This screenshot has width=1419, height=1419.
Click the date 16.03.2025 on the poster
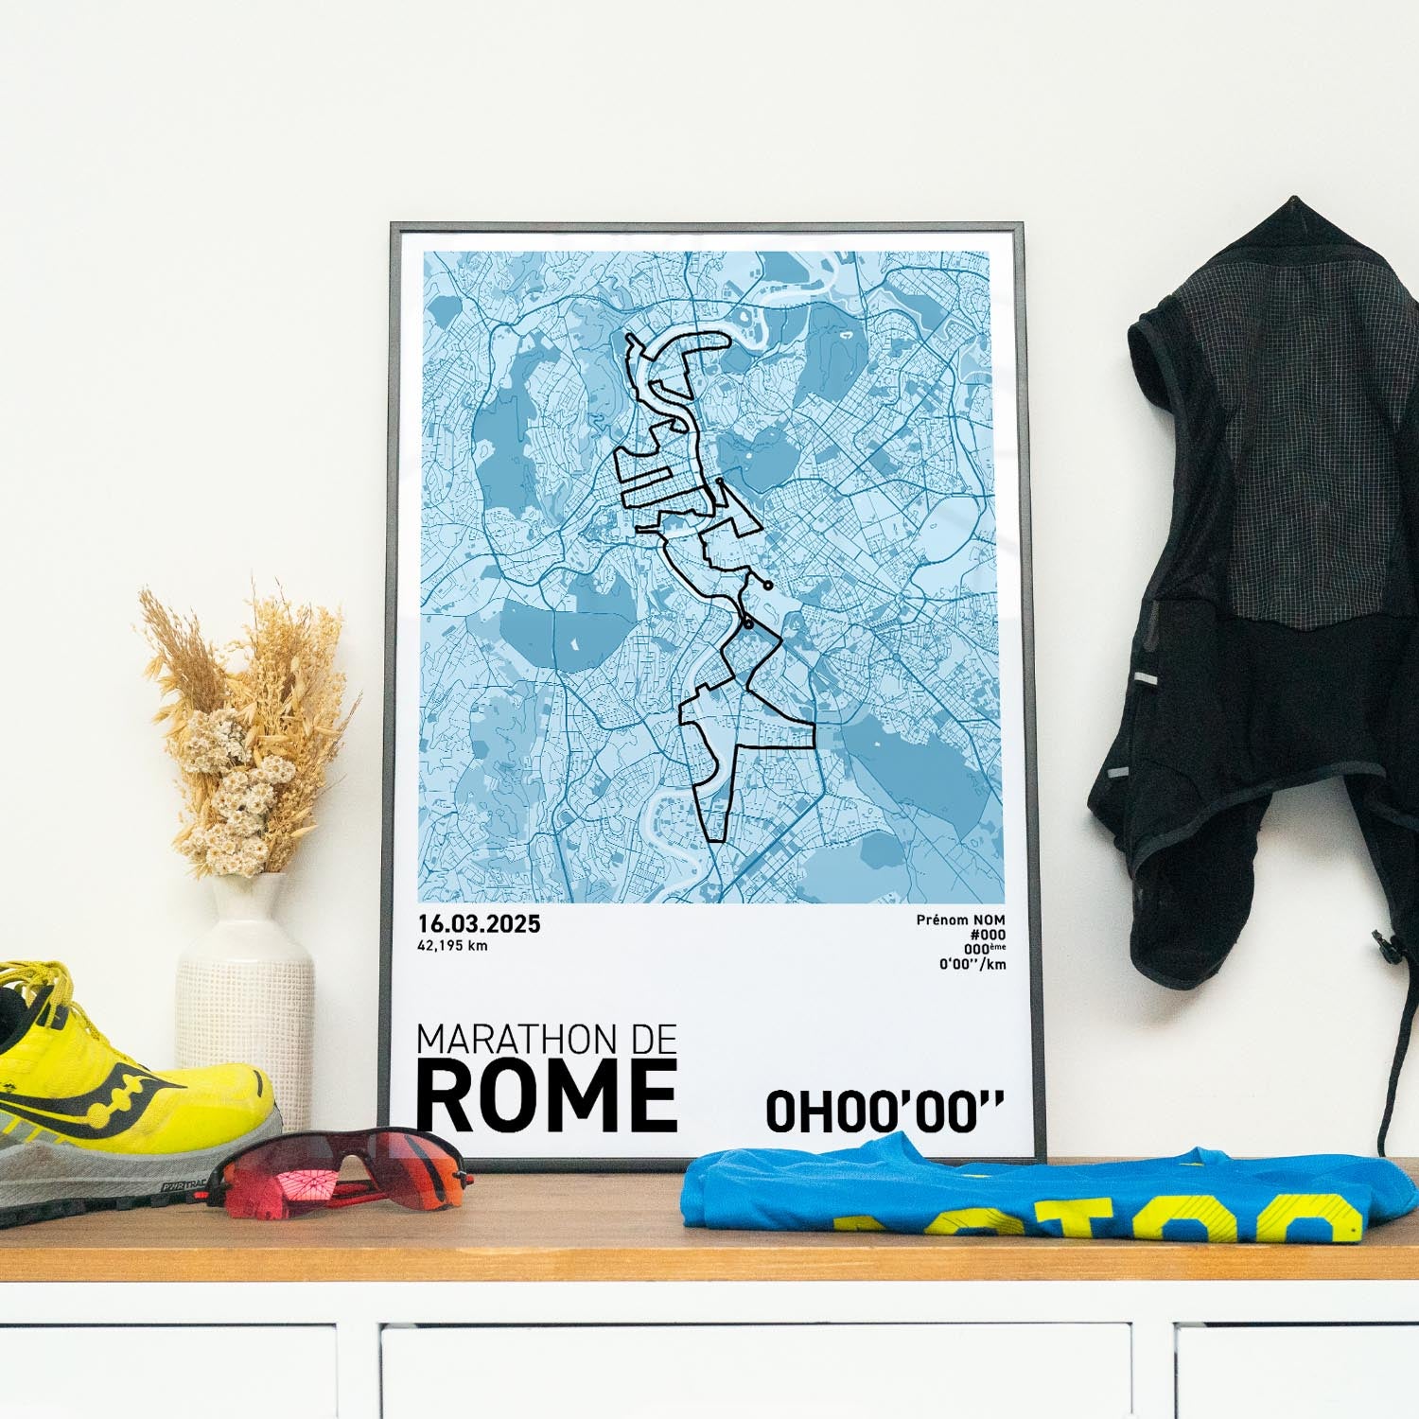[479, 924]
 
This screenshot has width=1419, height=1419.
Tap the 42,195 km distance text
[453, 945]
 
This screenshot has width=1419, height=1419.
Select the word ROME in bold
[547, 1097]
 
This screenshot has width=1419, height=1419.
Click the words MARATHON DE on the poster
[547, 1041]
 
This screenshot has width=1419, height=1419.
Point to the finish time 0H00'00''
[884, 1112]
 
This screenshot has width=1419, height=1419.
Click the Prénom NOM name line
[960, 920]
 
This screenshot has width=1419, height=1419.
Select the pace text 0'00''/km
[972, 964]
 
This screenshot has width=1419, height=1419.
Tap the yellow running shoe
[123, 1088]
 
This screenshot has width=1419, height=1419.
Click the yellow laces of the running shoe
[38, 993]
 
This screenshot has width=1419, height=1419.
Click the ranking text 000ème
[984, 949]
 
